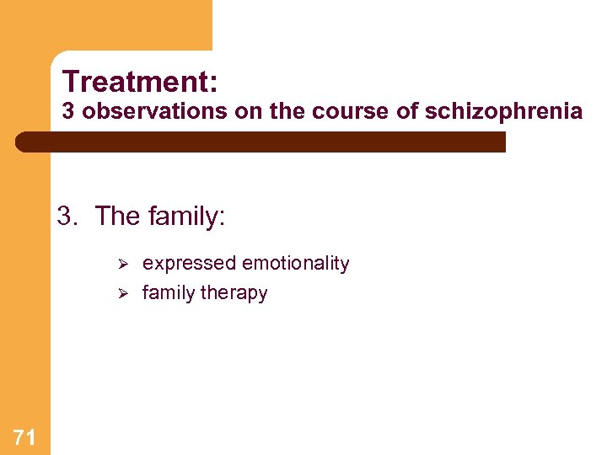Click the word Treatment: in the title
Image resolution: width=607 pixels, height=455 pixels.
(x=140, y=83)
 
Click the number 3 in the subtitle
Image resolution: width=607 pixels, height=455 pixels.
(x=68, y=112)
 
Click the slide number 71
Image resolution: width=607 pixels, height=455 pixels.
(x=24, y=436)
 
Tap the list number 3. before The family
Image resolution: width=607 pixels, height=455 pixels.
(x=68, y=217)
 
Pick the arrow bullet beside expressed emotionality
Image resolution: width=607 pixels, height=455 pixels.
(x=121, y=264)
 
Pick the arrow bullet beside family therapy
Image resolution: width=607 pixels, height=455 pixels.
(x=121, y=293)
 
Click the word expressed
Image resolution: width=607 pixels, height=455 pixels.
(x=189, y=264)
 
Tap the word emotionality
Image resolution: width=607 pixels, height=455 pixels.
(x=295, y=264)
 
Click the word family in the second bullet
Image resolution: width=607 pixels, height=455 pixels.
(x=169, y=293)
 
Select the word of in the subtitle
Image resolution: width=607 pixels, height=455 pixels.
(x=406, y=112)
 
